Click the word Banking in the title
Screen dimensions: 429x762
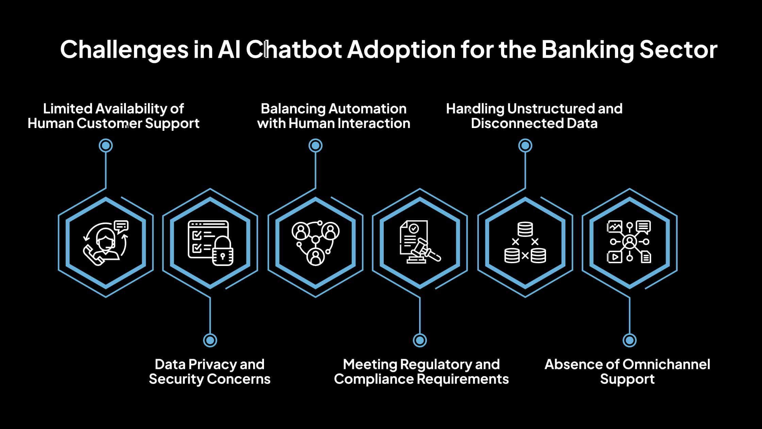coord(587,50)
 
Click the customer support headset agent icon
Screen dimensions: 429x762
coord(106,243)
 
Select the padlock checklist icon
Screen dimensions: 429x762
coord(210,243)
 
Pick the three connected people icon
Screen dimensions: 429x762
coord(315,243)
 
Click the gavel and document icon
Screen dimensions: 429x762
coord(420,243)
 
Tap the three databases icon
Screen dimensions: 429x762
coord(525,243)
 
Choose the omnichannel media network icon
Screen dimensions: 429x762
coord(629,243)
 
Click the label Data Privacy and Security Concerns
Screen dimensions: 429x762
coord(210,371)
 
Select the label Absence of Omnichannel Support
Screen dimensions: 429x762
coord(627,371)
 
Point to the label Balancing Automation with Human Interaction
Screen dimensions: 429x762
coord(333,116)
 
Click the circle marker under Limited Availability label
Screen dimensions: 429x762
coord(106,146)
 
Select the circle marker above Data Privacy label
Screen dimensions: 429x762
coord(210,340)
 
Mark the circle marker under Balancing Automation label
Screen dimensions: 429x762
coord(315,146)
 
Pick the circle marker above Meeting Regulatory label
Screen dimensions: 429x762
coord(420,340)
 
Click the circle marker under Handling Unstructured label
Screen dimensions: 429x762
coord(525,146)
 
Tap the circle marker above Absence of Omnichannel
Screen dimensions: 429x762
coord(630,340)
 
